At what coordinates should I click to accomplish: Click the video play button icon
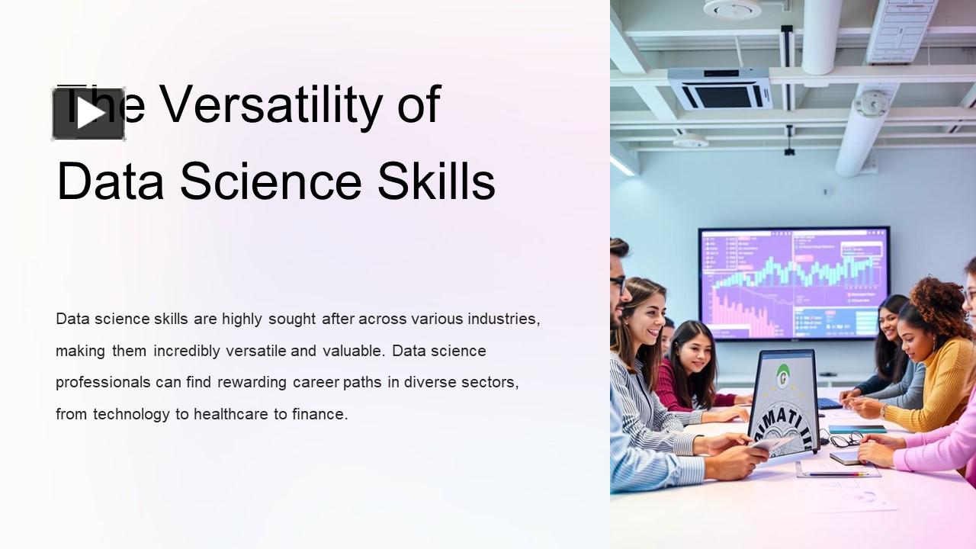click(88, 114)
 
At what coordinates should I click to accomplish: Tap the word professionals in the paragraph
click(103, 382)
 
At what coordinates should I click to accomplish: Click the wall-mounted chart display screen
click(794, 283)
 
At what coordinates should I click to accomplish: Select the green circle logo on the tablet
click(782, 375)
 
